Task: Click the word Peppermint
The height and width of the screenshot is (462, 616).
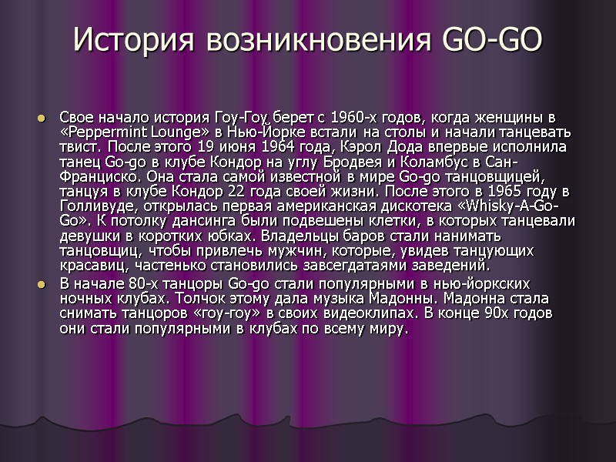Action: pos(104,132)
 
